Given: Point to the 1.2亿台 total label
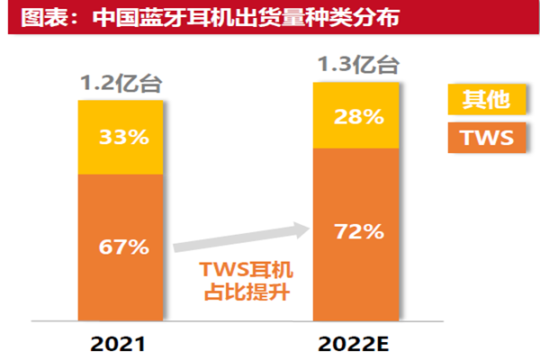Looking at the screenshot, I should click(121, 85).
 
